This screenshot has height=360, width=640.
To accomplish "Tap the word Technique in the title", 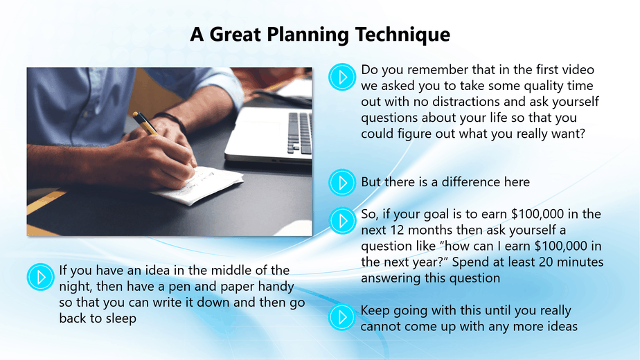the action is pyautogui.click(x=402, y=35).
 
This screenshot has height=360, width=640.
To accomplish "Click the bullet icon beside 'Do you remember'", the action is pyautogui.click(x=342, y=77).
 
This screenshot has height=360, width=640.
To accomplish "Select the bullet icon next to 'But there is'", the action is pyautogui.click(x=342, y=183).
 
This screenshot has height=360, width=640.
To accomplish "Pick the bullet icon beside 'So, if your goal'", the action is pyautogui.click(x=342, y=221).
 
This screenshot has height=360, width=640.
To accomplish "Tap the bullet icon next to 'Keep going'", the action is pyautogui.click(x=342, y=317).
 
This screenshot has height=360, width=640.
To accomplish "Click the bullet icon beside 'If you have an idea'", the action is pyautogui.click(x=40, y=277).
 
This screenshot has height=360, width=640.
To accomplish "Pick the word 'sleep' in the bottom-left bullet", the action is pyautogui.click(x=121, y=318).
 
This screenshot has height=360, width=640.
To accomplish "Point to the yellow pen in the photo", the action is pyautogui.click(x=145, y=123).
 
